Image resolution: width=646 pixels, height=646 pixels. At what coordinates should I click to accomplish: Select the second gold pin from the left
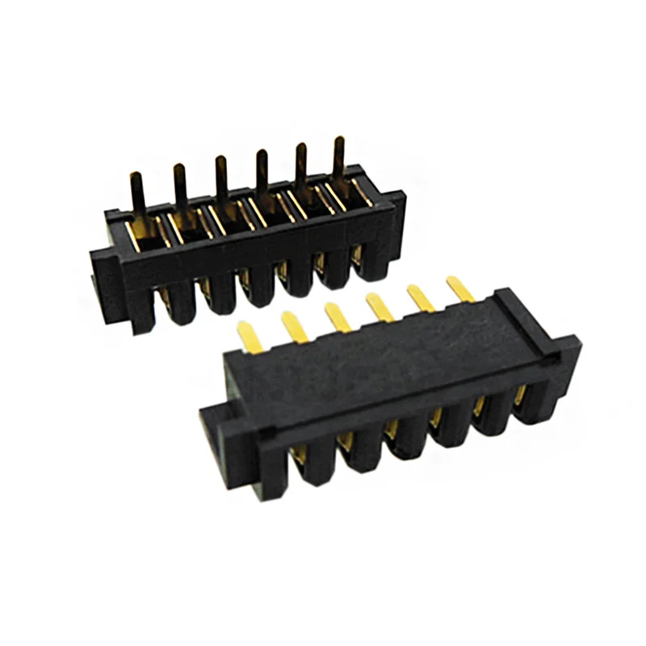[x=292, y=323]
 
